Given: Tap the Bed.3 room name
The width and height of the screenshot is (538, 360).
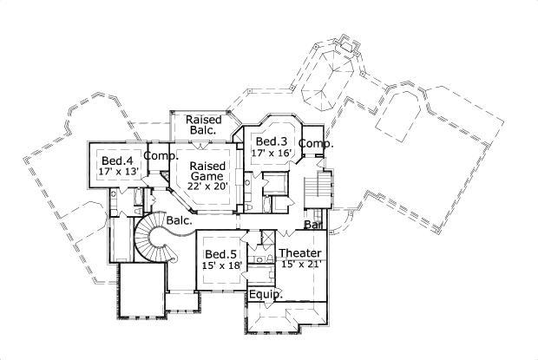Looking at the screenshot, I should pos(272,141).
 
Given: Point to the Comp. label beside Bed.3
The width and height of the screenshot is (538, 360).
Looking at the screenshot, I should pos(317,143).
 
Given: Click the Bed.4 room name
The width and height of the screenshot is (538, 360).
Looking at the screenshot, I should pos(117,160).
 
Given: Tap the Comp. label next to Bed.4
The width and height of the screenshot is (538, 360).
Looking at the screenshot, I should pos(161,156).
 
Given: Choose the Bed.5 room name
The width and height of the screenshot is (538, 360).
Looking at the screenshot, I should pos(221,253).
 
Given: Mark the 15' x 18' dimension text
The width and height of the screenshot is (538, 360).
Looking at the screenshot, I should pos(221,265).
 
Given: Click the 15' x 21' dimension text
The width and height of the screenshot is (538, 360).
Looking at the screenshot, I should pos(302,265).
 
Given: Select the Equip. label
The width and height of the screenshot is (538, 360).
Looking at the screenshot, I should pos(266,295).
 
